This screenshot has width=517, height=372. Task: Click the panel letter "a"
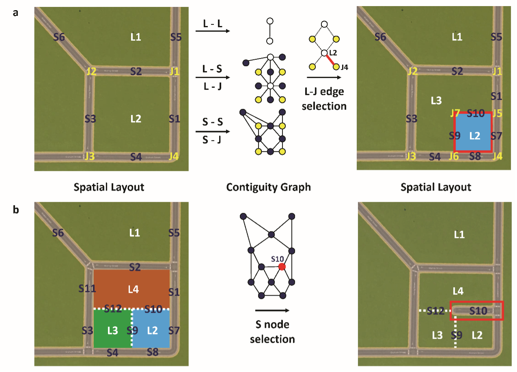pos(16,12)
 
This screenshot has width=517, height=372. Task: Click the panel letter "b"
pos(16,211)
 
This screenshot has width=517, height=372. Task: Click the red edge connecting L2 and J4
pos(330,60)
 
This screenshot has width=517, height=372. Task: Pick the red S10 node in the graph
pos(282,266)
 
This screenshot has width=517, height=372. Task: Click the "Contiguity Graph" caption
pos(268,187)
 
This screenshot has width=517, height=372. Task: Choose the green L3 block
pos(113,330)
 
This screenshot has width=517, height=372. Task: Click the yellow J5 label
pos(497,113)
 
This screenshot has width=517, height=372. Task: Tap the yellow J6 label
pos(453,156)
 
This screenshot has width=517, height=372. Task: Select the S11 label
pos(88,288)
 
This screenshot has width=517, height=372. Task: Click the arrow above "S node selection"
pos(272,311)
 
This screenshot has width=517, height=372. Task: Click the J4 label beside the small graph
pos(344,67)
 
